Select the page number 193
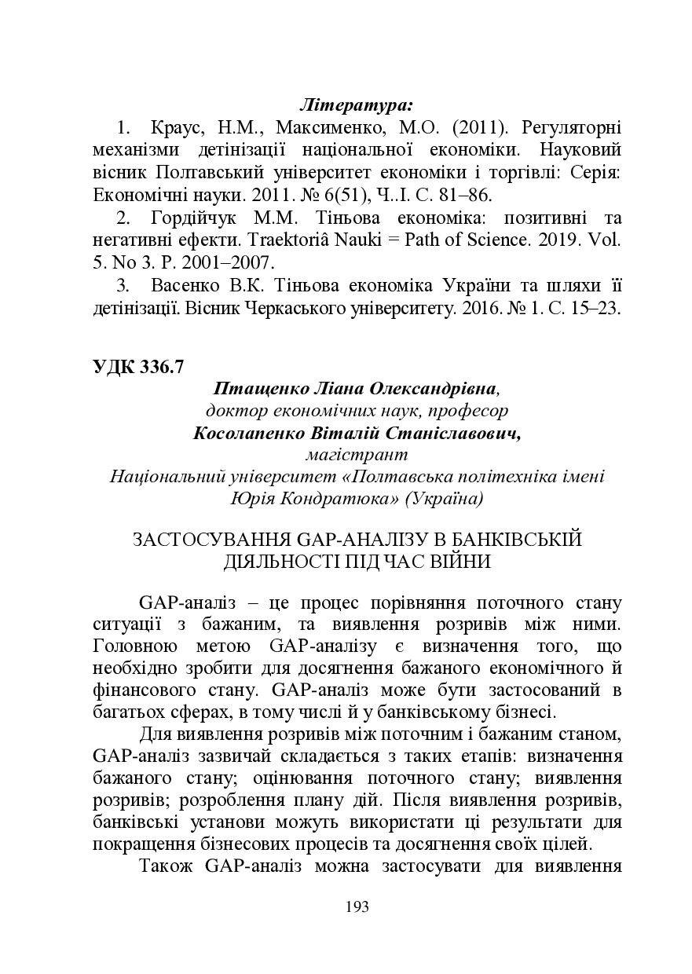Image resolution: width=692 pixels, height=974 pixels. point(357,907)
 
